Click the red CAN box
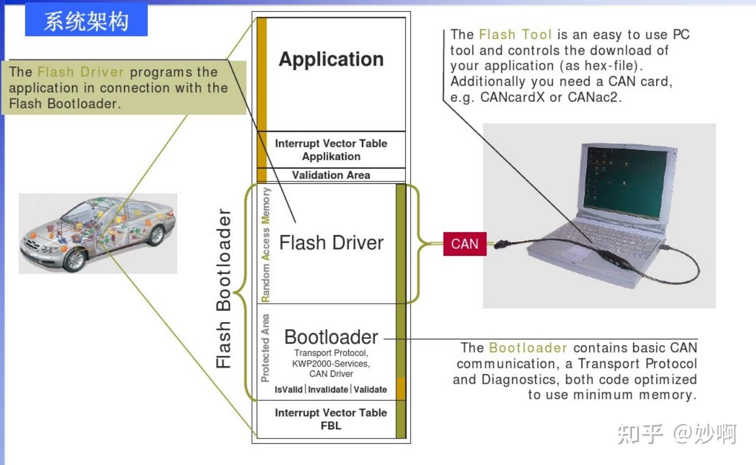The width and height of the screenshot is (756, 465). click(465, 244)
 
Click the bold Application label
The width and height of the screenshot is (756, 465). click(331, 59)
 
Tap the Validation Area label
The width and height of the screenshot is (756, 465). click(331, 175)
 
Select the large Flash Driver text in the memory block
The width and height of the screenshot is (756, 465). click(331, 243)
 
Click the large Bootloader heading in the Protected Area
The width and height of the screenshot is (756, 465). click(331, 337)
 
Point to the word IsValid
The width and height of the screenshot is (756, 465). click(288, 390)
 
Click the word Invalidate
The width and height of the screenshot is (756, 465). click(328, 390)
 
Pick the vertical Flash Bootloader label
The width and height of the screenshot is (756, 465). click(223, 288)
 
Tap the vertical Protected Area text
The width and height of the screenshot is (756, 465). click(265, 348)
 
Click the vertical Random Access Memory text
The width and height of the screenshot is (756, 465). click(266, 245)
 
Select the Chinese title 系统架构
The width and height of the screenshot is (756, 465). click(86, 21)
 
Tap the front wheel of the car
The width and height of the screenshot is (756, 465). click(76, 260)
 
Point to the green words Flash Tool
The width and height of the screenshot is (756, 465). click(516, 35)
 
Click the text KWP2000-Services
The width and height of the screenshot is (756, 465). click(331, 364)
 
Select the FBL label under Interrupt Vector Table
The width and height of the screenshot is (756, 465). click(331, 426)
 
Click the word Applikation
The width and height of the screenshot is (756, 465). click(331, 157)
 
